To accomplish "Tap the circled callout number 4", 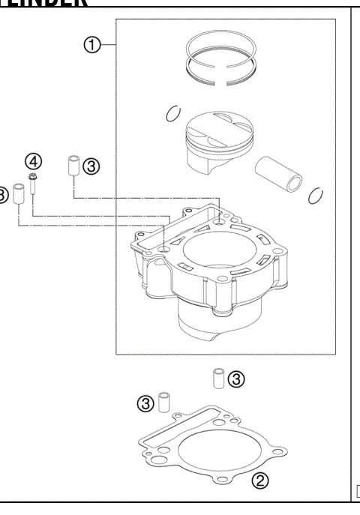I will point(34,160).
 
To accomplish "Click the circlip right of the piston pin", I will point(316,196).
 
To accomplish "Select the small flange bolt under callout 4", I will point(34,182).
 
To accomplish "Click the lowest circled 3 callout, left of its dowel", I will point(146,403).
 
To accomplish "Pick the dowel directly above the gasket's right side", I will point(217,379).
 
